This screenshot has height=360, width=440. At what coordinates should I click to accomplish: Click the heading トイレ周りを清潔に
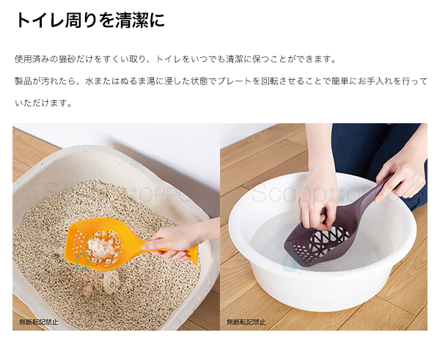[89, 20]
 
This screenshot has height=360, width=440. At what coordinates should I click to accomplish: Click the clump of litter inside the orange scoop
[100, 246]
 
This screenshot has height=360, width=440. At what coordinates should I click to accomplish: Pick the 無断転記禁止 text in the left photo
[39, 322]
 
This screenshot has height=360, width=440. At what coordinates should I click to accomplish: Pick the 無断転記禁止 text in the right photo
[246, 322]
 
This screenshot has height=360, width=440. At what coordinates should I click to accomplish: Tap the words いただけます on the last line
[40, 103]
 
